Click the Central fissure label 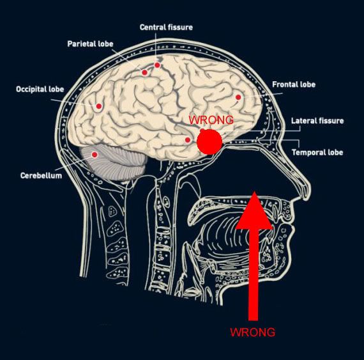coord(166,27)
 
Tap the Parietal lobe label coord(90,43)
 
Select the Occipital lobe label coord(40,90)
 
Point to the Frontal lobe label coord(294,84)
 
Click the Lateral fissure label coord(317,121)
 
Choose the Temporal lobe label coord(317,152)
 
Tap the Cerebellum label coord(41,175)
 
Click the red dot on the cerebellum coord(95,154)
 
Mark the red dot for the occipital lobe coord(99,106)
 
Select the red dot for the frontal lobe coord(238,97)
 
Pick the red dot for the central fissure coord(157,65)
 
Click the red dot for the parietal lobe coord(144,72)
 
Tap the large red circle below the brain coord(209,141)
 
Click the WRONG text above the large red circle coord(211,120)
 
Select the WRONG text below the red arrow coord(253,332)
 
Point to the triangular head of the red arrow coord(254,214)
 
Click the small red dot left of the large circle coord(188,140)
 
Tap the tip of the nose coord(308,191)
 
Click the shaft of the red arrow coord(253,275)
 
